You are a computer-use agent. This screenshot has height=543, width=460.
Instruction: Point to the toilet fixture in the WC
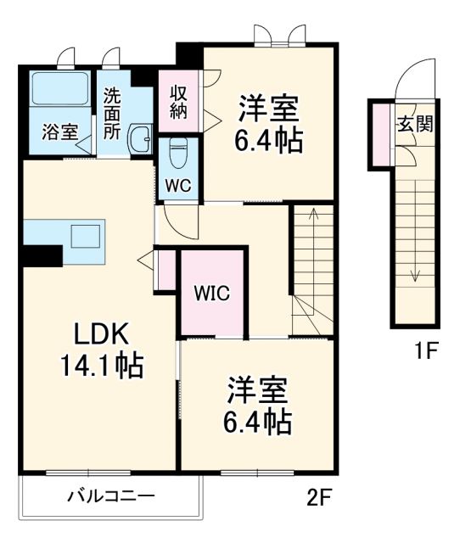(x=177, y=153)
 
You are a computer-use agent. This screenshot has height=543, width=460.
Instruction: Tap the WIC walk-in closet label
(x=212, y=294)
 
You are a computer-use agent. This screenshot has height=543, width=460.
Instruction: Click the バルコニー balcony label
(x=110, y=496)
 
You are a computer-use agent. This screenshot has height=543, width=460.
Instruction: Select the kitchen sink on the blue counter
(x=85, y=234)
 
